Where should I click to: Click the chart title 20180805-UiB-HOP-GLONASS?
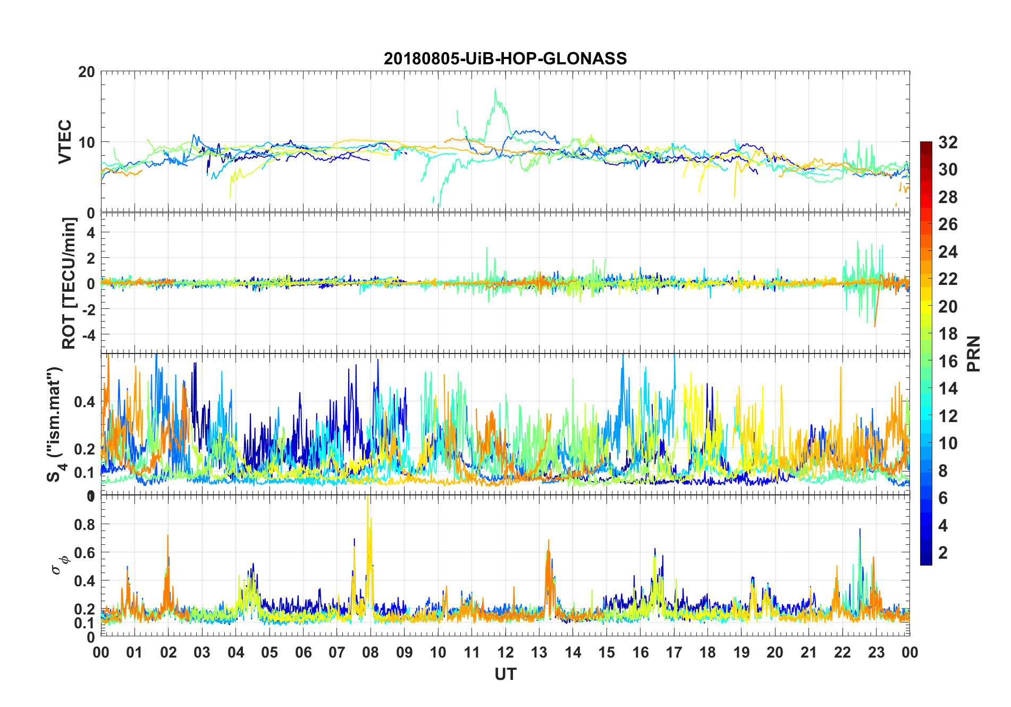[x=505, y=58]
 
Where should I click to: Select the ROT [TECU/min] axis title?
[x=69, y=283]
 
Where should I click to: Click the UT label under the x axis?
[x=505, y=675]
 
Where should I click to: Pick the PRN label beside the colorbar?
[x=973, y=353]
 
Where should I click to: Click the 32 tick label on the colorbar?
[x=948, y=142]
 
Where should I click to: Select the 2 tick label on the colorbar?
[x=943, y=552]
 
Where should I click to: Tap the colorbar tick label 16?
[x=948, y=361]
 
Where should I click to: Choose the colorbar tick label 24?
[x=948, y=252]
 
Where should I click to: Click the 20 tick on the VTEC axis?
[x=87, y=72]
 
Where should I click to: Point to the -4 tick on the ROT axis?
[x=88, y=335]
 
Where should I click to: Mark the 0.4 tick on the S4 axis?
[x=85, y=402]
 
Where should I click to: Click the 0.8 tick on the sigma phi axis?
[x=85, y=525]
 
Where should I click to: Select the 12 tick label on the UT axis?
[x=505, y=652]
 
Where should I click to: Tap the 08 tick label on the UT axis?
[x=370, y=652]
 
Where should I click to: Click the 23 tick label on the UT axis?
[x=876, y=652]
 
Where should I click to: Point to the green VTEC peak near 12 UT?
[x=496, y=90]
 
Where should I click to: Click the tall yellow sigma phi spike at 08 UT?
[x=368, y=500]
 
